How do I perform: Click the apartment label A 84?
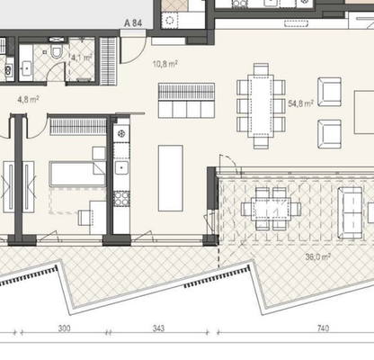pos(133,23)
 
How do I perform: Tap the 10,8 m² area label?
pos(165,64)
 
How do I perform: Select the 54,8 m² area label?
pos(300,103)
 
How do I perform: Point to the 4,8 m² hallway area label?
pos(29,99)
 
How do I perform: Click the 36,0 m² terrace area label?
pos(318,256)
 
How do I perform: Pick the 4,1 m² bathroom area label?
pos(82,58)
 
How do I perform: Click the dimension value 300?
pos(64,328)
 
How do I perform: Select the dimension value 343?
pos(158,328)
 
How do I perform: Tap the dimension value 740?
pos(323,328)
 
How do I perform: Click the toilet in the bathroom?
pos(57,52)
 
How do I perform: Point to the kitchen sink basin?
pos(121,168)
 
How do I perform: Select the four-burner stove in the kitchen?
pos(121,199)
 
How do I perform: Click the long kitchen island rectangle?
pos(171,178)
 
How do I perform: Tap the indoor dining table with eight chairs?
pos(261,106)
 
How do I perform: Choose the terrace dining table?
pos(272,209)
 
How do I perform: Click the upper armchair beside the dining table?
pos(329,92)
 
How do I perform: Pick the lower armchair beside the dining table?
pos(329,134)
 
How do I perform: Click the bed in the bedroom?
pos(77,174)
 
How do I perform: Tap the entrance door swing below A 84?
pos(133,48)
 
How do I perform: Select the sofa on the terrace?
pos(350,212)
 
